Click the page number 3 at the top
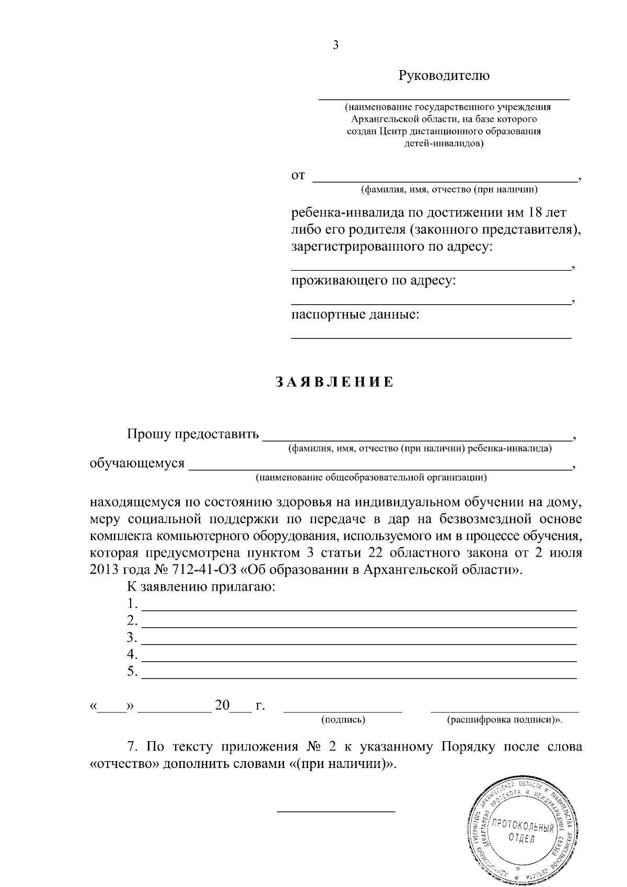coord(335,45)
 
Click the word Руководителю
coord(444,76)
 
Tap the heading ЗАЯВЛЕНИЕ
coord(335,383)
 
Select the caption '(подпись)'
coord(343,720)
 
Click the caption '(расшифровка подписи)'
coord(502,720)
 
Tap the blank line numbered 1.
coord(359,609)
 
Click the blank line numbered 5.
coord(359,677)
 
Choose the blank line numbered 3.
coord(359,643)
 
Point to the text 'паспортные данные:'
coord(355,315)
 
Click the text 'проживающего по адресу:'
coord(373,281)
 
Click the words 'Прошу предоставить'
coord(193,434)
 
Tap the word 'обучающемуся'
coord(137,463)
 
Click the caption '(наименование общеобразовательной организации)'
coord(371,477)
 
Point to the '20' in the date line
coord(222,706)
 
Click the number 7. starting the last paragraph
coord(133,746)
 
